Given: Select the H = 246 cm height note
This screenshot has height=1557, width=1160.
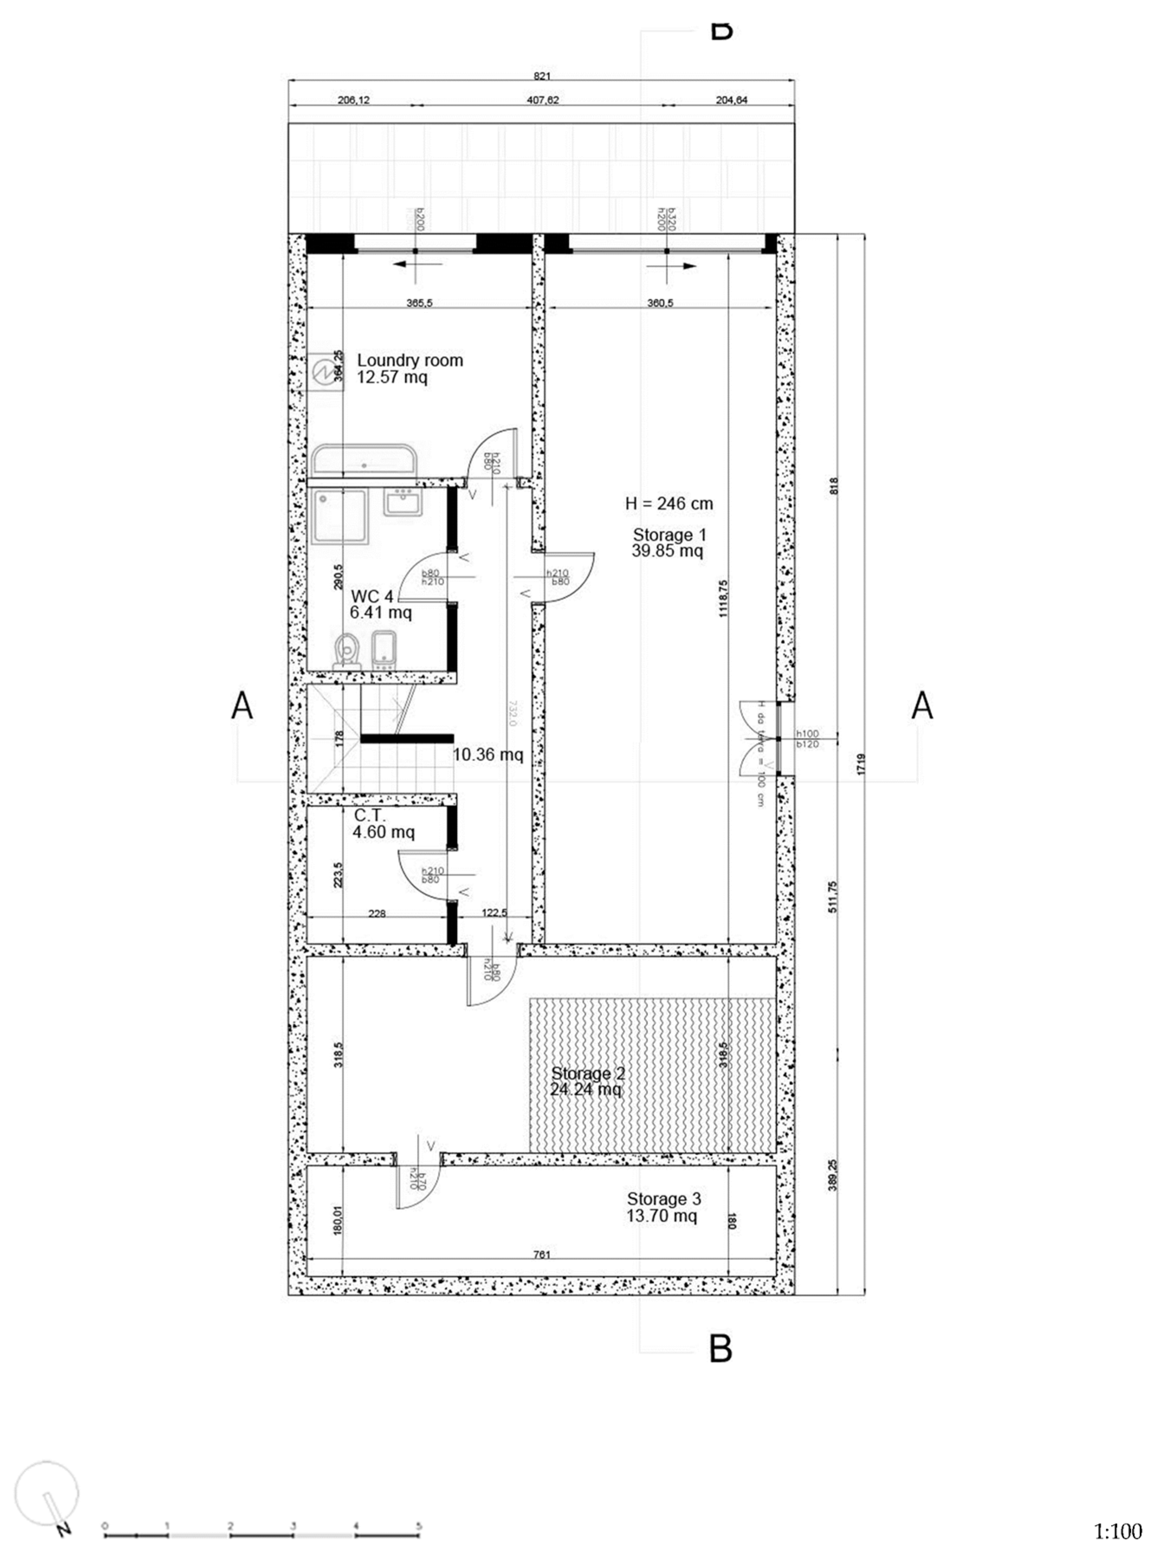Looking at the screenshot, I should pos(669,504).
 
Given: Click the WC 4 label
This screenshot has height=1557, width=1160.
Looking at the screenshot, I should pos(372,597).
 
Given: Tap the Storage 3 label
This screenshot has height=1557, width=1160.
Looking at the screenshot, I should pos(663,1199).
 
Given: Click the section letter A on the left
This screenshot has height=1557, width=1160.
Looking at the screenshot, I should pos(242,706).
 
